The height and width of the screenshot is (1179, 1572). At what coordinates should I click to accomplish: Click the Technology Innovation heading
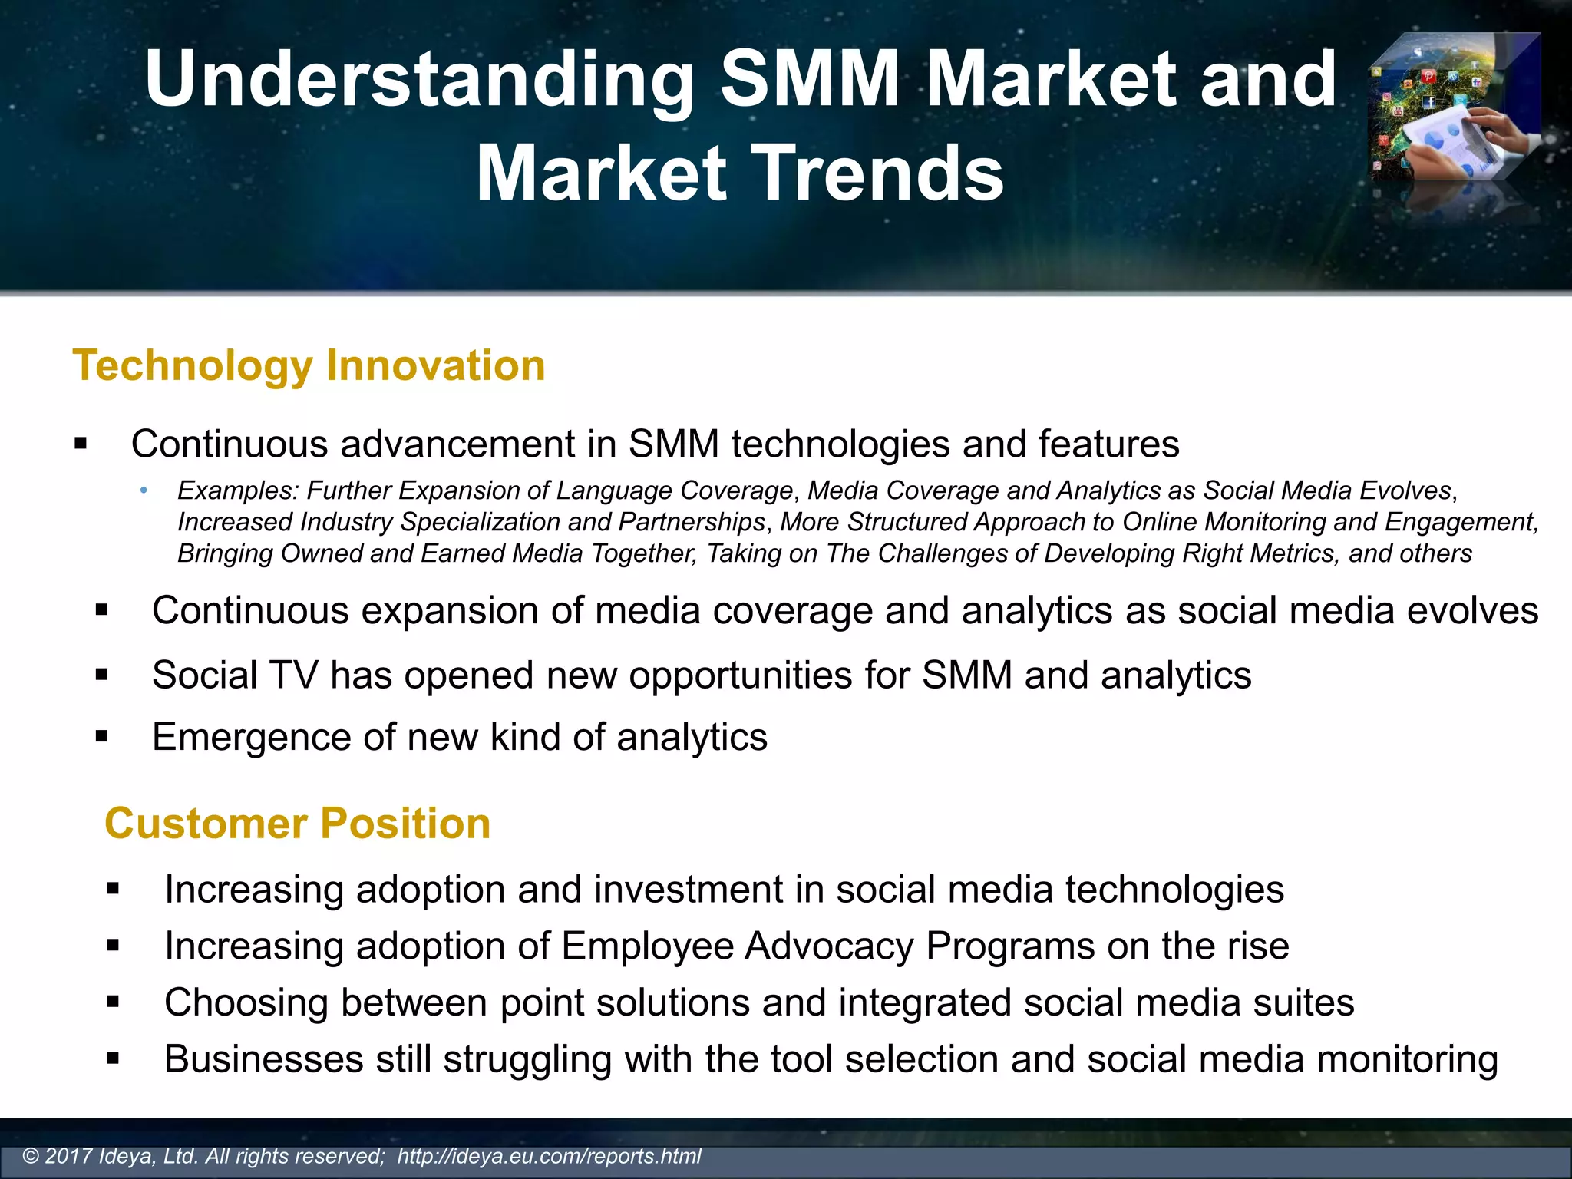(309, 365)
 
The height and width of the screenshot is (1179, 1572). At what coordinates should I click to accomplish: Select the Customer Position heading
(297, 824)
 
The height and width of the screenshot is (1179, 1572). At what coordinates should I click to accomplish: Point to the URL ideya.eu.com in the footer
(549, 1156)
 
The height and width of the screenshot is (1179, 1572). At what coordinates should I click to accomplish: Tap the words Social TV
(234, 675)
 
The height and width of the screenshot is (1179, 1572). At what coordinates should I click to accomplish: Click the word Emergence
(251, 737)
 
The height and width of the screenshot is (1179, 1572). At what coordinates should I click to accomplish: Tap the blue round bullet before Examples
(143, 490)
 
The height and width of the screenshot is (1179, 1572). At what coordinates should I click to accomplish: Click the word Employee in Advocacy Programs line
(647, 946)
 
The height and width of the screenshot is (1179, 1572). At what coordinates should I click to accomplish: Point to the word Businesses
(263, 1059)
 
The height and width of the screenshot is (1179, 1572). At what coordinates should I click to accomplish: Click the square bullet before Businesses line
(114, 1059)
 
